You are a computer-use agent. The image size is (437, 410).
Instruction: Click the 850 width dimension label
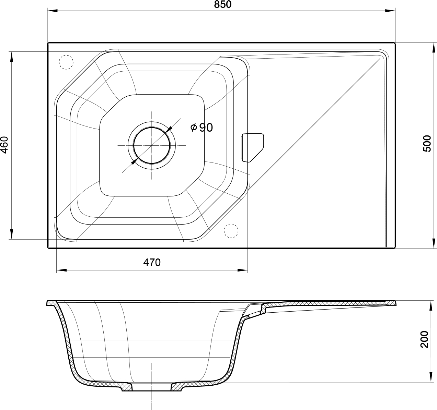[x=223, y=4]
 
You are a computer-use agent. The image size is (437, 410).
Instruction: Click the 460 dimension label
[x=4, y=145]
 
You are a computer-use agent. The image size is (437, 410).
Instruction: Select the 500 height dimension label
[x=427, y=144]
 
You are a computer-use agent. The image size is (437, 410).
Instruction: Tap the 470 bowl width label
[x=152, y=262]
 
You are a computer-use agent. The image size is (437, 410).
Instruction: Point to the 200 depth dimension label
[x=424, y=339]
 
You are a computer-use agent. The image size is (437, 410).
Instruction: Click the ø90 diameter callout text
[x=202, y=128]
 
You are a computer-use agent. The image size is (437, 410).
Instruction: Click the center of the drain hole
[x=152, y=146]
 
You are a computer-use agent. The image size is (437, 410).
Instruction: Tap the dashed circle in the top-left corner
[x=66, y=62]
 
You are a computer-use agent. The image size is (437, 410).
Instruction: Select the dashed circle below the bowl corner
[x=231, y=231]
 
